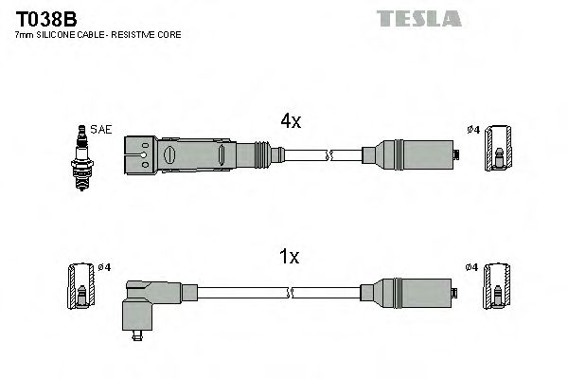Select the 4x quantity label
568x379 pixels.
click(290, 120)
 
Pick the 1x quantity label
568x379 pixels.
click(290, 256)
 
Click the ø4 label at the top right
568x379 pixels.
click(472, 131)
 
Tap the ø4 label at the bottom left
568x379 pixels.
click(104, 267)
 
